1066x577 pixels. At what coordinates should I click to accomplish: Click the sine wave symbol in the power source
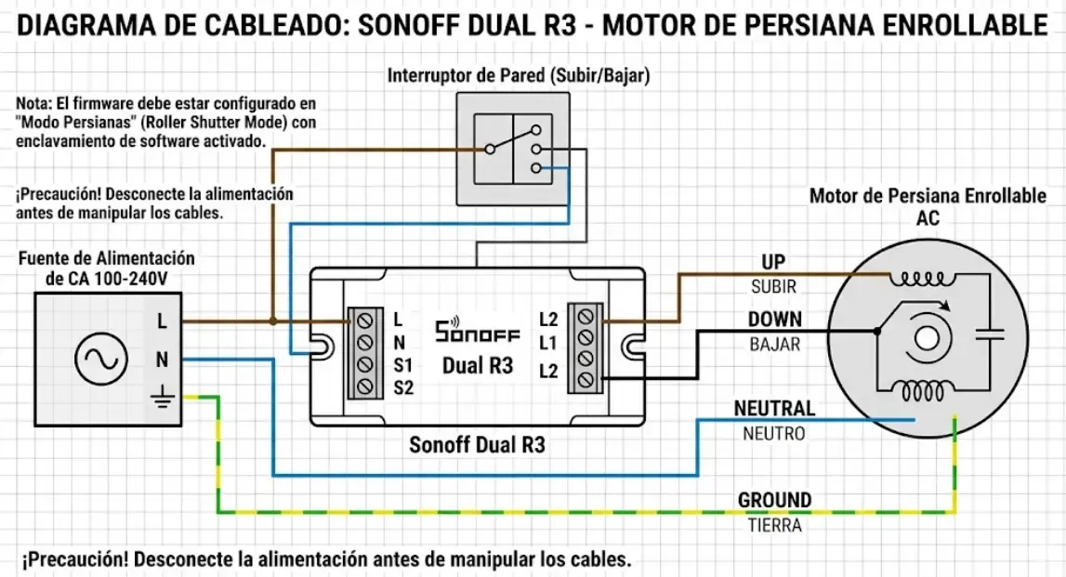pos(100,360)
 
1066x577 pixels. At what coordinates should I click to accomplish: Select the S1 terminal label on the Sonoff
pos(402,364)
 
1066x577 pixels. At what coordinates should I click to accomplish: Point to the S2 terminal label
pos(402,387)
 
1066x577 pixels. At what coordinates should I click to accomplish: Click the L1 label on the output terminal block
pos(547,342)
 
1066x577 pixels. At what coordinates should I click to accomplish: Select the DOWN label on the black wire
pos(774,320)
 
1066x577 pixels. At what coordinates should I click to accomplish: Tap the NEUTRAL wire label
pos(774,408)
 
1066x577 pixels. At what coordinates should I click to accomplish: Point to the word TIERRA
pos(774,525)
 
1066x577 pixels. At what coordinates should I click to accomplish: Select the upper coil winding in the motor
pos(922,278)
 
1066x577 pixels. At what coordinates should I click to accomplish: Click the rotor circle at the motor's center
pos(926,337)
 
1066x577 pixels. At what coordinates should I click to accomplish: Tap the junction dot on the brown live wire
pos(272,321)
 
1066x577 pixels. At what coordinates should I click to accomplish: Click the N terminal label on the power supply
pos(162,359)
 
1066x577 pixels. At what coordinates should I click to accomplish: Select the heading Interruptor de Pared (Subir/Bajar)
pos(518,74)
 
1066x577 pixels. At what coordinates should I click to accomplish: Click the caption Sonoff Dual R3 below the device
pos(477,445)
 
